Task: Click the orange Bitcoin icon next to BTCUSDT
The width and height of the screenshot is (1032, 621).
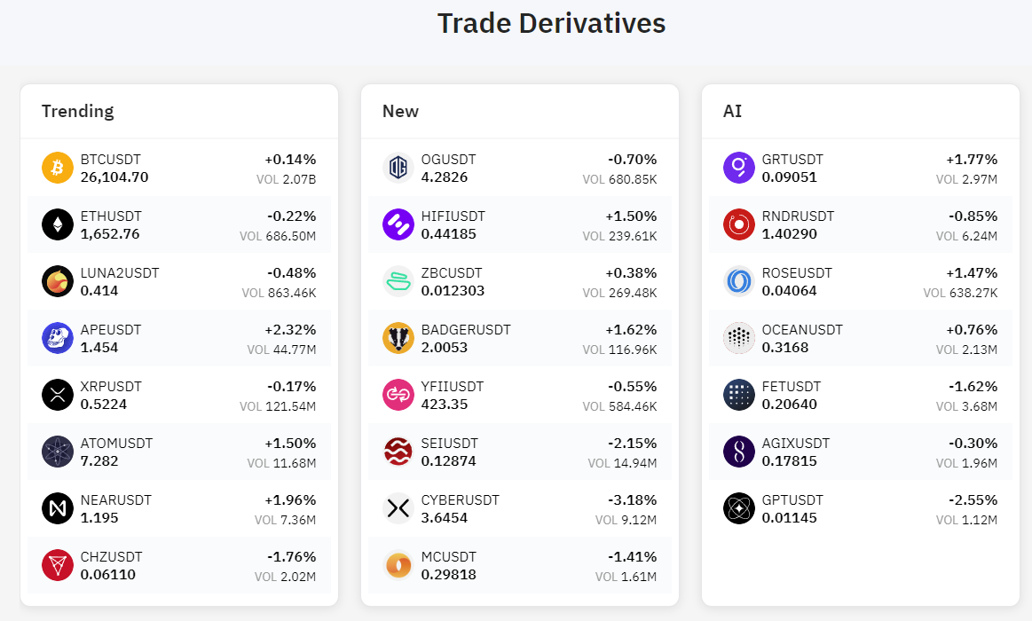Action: point(57,168)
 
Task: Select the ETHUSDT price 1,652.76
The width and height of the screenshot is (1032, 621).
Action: point(110,234)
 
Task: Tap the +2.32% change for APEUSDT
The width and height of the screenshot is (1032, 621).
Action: point(290,330)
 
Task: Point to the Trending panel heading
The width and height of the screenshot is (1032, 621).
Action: point(78,111)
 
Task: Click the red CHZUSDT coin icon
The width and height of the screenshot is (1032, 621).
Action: point(57,565)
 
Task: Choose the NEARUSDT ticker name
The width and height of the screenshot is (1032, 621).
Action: point(116,500)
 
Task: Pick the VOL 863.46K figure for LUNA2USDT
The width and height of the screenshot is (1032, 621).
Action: point(279,293)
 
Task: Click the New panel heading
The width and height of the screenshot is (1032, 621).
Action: point(400,111)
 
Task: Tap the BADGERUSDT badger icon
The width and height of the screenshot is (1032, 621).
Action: point(398,338)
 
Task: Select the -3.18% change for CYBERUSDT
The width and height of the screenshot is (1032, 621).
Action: point(633,500)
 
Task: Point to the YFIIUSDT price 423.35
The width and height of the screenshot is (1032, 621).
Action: point(445,405)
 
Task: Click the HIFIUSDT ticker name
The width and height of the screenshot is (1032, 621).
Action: point(453,216)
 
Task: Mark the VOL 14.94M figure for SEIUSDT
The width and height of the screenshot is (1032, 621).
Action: point(622,463)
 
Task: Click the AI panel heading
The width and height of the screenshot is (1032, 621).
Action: point(732,111)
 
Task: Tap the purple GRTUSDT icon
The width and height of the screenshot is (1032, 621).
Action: point(739,168)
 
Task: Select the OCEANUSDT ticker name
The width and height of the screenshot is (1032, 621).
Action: point(802,330)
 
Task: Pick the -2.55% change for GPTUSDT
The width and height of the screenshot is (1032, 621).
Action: point(973,500)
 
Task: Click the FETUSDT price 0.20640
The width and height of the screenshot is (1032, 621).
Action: point(790,405)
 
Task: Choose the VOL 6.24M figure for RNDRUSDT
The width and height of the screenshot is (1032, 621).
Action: point(966,236)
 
